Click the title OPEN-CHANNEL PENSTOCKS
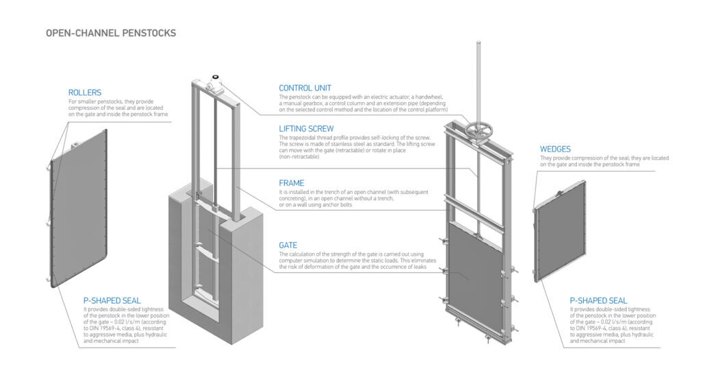click(111, 33)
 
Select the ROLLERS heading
click(85, 93)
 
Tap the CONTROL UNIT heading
click(305, 88)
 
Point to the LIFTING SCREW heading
click(306, 129)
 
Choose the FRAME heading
click(292, 183)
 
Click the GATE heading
click(288, 245)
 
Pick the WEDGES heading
click(555, 149)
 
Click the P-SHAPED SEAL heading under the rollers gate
click(112, 301)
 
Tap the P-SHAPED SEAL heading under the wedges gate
click(598, 301)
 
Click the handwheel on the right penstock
click(479, 131)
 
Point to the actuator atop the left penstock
click(216, 84)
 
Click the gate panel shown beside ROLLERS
click(79, 208)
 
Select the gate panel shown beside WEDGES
click(560, 231)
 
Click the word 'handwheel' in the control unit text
click(429, 97)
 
